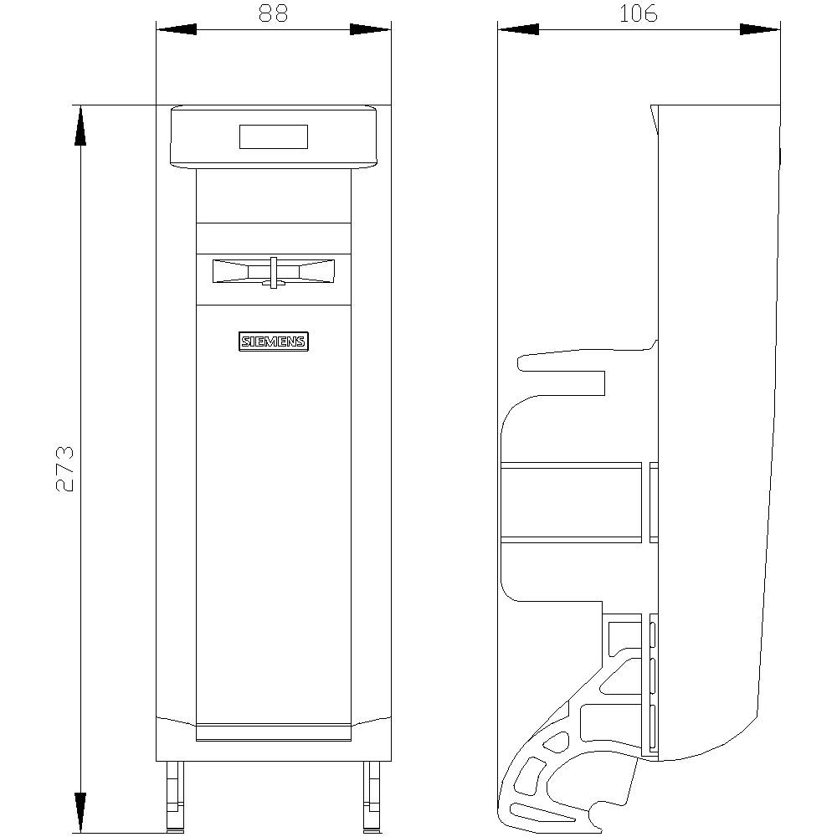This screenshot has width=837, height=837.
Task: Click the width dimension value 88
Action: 274,13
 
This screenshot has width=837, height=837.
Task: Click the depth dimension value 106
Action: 639,13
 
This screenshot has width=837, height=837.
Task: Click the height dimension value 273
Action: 64,469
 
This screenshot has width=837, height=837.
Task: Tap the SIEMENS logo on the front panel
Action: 274,341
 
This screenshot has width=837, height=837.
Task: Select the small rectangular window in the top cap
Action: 274,136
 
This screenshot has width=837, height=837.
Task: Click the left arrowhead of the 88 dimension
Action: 176,29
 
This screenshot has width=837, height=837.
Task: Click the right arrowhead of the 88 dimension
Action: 371,29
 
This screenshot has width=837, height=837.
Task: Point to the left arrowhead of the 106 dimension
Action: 518,29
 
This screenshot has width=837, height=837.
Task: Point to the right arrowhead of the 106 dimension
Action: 760,29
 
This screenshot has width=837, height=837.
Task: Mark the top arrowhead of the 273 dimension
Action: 80,126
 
